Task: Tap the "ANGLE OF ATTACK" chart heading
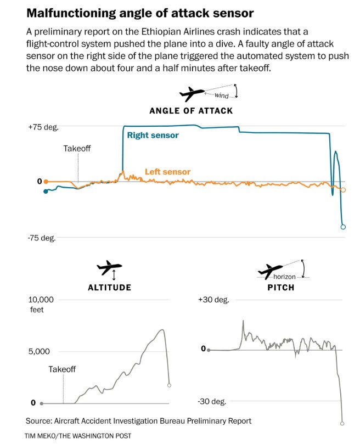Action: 191,110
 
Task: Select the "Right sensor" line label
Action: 153,135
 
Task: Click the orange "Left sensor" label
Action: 167,172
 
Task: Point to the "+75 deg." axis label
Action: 43,127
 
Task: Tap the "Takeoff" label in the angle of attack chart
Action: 77,148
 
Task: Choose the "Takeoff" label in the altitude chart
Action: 62,369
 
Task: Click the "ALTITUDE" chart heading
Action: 109,287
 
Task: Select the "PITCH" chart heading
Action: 281,287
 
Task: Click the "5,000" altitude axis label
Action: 40,351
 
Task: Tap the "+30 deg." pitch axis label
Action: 213,300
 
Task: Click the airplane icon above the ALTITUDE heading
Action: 108,269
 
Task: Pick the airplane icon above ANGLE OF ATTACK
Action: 192,94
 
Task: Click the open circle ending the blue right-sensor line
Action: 344,227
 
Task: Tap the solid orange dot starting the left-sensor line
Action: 46,181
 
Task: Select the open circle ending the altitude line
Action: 170,385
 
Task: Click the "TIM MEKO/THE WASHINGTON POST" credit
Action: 78,436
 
